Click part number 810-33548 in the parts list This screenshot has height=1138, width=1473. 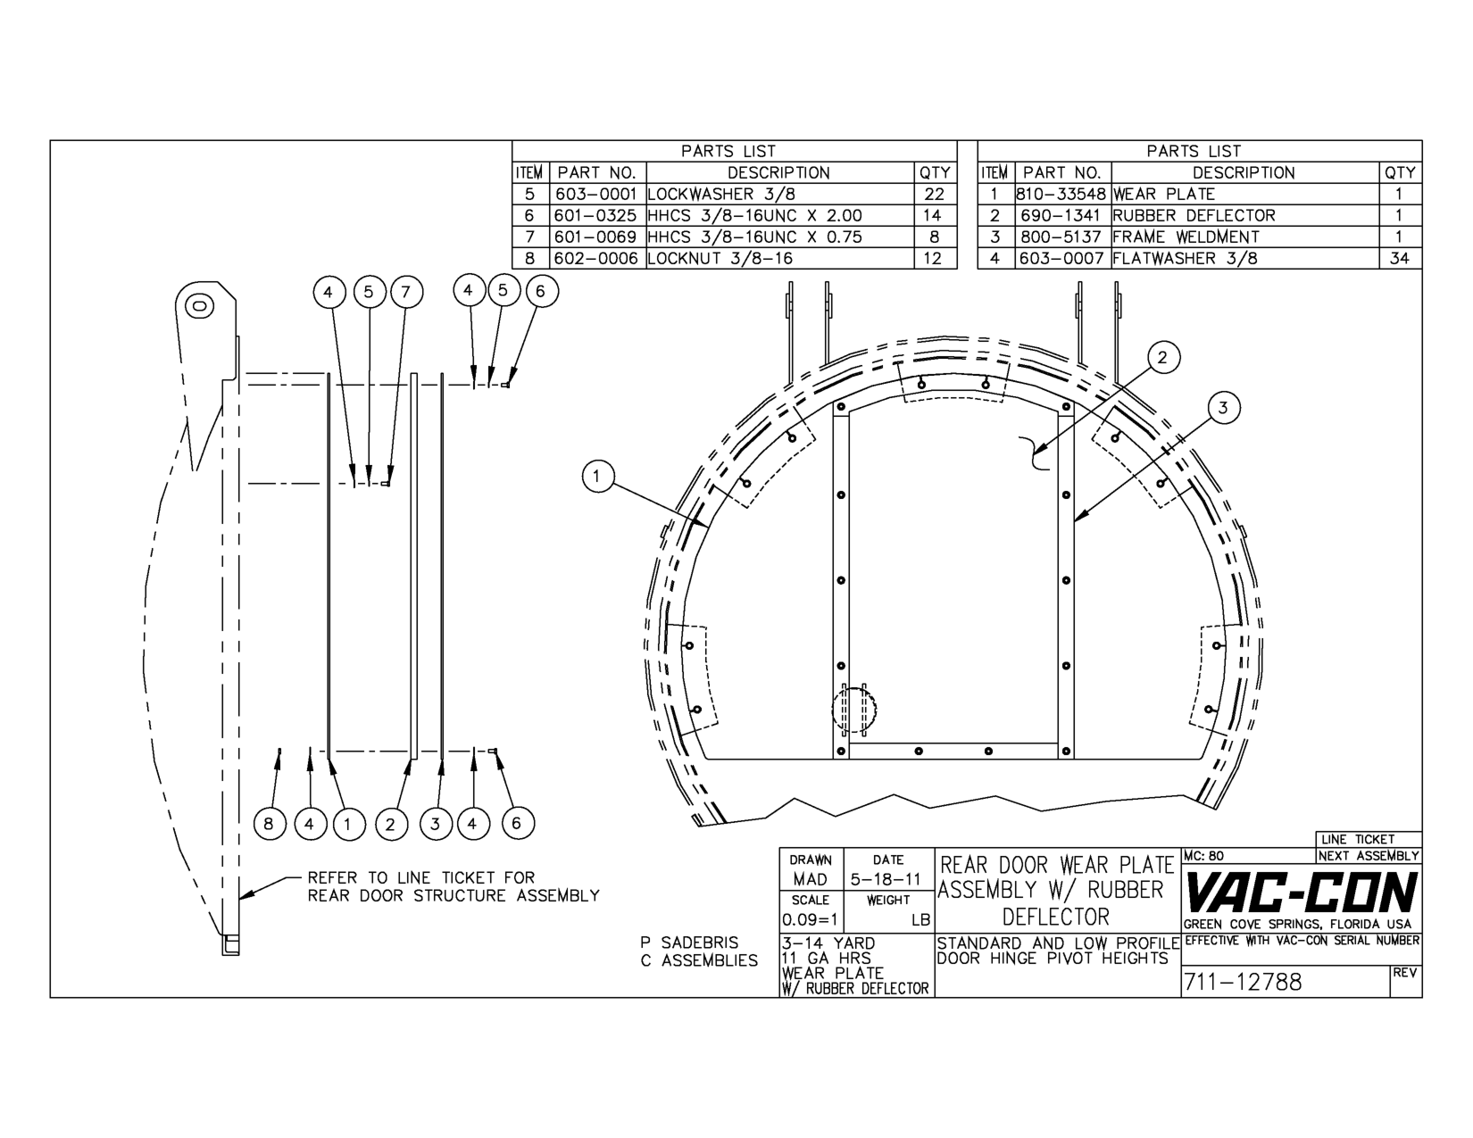click(1061, 194)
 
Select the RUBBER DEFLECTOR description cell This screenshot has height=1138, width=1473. click(1194, 215)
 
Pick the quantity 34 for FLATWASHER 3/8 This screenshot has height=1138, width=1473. click(1399, 258)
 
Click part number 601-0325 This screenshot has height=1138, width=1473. click(595, 215)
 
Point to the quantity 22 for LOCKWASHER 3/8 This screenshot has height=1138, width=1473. click(934, 194)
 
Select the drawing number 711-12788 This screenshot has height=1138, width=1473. click(1243, 983)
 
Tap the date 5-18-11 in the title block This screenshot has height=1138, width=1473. click(886, 879)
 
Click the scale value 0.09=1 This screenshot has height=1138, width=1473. click(810, 919)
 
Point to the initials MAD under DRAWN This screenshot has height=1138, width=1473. click(810, 879)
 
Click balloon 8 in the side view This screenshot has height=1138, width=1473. click(269, 824)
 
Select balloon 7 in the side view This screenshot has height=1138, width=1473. click(406, 292)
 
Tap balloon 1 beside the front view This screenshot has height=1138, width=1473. click(597, 476)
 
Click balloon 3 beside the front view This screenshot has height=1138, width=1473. click(1223, 408)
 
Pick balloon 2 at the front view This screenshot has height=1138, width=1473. click(1161, 358)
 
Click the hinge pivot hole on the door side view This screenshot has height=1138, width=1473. click(199, 306)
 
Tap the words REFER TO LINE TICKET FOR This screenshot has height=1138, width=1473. click(421, 877)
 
